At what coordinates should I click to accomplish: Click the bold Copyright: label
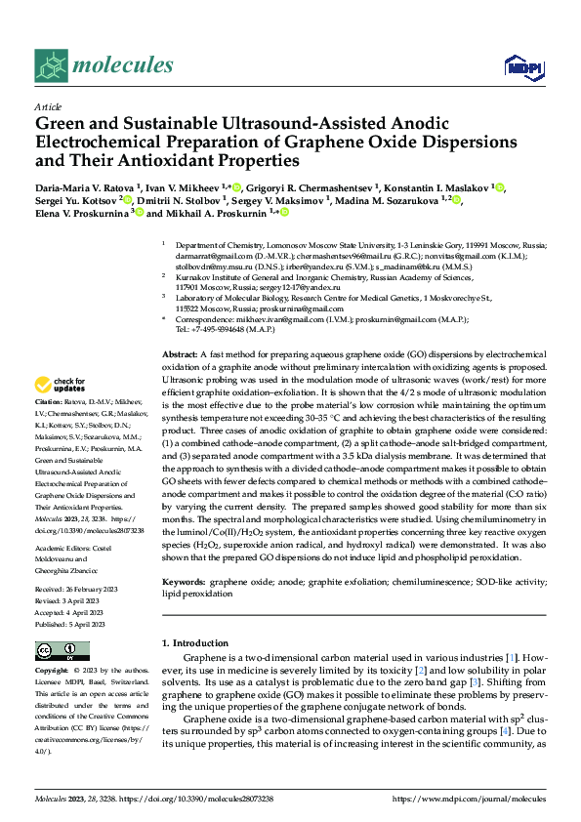[x=53, y=671]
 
